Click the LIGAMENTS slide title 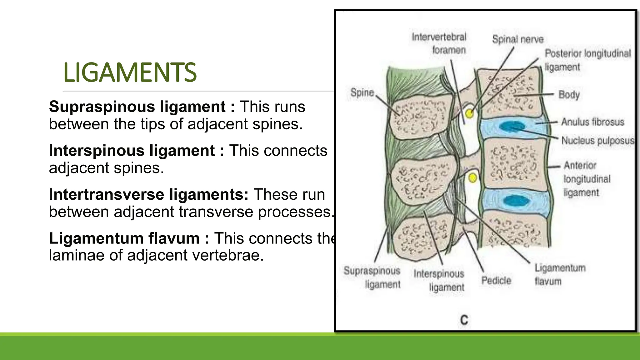[130, 72]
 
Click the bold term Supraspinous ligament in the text [137, 107]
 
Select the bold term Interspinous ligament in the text [132, 151]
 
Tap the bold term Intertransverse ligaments [148, 194]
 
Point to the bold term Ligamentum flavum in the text [124, 238]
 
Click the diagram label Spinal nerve [517, 39]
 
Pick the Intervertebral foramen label [439, 43]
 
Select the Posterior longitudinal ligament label [587, 60]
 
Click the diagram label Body [569, 94]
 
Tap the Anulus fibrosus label [592, 122]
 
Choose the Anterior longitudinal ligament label [586, 179]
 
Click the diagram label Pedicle [496, 280]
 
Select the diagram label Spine [362, 92]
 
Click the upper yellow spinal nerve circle [469, 113]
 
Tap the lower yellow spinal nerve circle [473, 178]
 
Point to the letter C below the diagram [464, 320]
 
